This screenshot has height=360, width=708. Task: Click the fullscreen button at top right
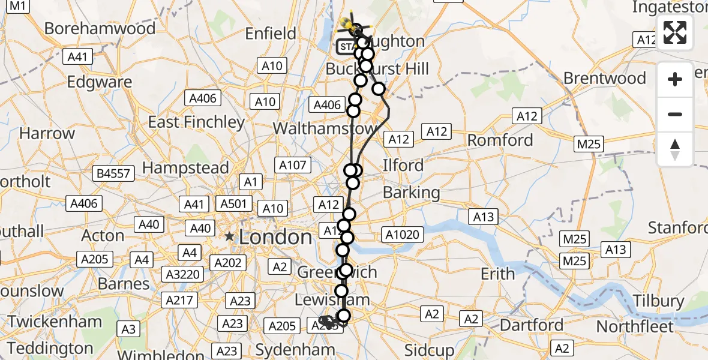click(x=675, y=32)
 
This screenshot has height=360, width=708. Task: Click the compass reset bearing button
click(x=675, y=149)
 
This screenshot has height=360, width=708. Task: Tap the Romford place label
click(x=500, y=140)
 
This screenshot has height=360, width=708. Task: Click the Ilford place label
click(x=403, y=165)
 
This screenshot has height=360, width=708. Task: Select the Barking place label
click(x=411, y=193)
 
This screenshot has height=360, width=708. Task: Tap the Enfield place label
click(x=271, y=34)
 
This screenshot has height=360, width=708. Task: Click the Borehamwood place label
click(x=100, y=28)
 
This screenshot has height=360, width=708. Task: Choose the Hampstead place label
click(x=185, y=168)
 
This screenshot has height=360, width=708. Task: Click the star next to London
click(x=229, y=237)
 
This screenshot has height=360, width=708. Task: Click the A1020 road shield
click(x=402, y=235)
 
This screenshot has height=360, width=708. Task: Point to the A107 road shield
click(x=292, y=164)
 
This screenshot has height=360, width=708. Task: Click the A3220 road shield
click(x=183, y=275)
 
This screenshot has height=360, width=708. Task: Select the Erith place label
click(x=497, y=274)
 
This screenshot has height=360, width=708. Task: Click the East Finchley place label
click(x=196, y=122)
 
